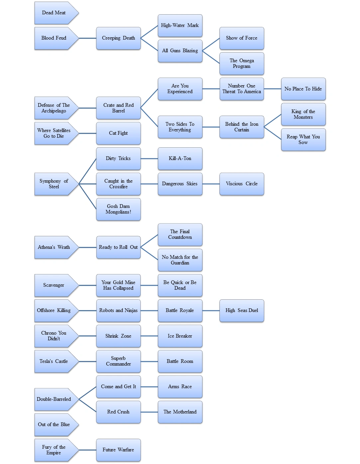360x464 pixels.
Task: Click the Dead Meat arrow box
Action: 54,13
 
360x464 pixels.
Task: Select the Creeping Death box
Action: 118,38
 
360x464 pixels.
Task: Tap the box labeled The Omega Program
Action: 242,64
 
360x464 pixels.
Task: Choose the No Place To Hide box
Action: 303,89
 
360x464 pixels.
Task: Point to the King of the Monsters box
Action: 303,114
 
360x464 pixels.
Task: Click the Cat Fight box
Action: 118,133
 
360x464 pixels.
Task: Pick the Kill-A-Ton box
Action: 180,159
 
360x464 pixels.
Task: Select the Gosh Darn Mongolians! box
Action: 118,209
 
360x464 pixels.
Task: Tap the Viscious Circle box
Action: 242,184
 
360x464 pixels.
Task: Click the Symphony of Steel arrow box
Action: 54,184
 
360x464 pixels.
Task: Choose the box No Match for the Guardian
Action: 180,260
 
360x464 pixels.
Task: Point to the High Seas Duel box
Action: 242,311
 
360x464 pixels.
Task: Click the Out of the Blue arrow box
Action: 54,425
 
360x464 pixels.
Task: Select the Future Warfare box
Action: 118,450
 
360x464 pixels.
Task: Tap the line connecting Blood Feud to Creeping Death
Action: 87,38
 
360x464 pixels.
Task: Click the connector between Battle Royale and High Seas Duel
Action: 211,311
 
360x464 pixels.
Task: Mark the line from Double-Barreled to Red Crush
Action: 87,405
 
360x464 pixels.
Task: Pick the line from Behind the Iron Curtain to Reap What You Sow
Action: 273,133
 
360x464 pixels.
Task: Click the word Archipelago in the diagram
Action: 54,111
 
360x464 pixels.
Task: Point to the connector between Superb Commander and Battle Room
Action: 149,362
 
